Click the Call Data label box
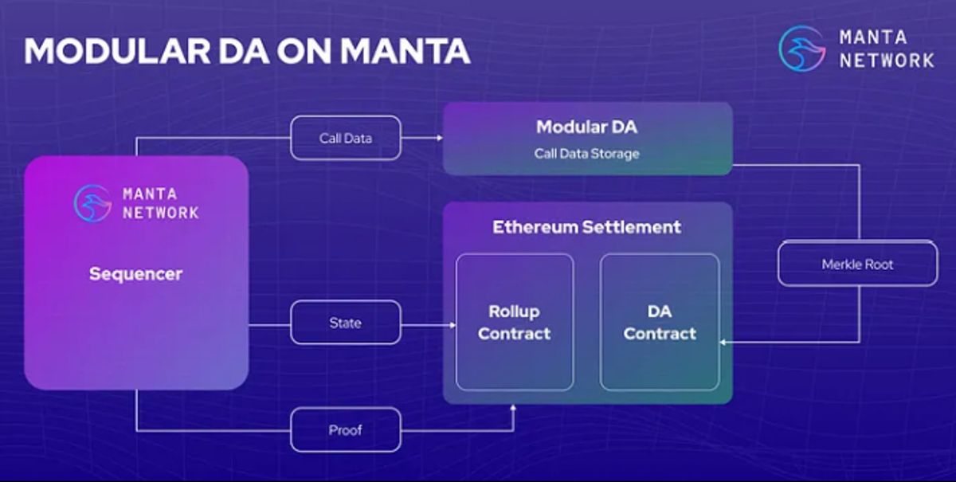coord(345,138)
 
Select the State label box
coord(345,323)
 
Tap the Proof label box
coord(345,430)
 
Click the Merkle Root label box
coord(857,264)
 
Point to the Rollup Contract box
coord(514,322)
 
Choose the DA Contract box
coord(660,322)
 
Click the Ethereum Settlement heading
coord(586,227)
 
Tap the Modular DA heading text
coord(586,127)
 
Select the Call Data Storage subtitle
coord(586,153)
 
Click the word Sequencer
coord(135,274)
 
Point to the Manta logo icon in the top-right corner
coord(801,48)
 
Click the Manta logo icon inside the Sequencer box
coord(92,202)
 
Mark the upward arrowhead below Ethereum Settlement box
coord(513,408)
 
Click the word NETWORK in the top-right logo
coord(886,60)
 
